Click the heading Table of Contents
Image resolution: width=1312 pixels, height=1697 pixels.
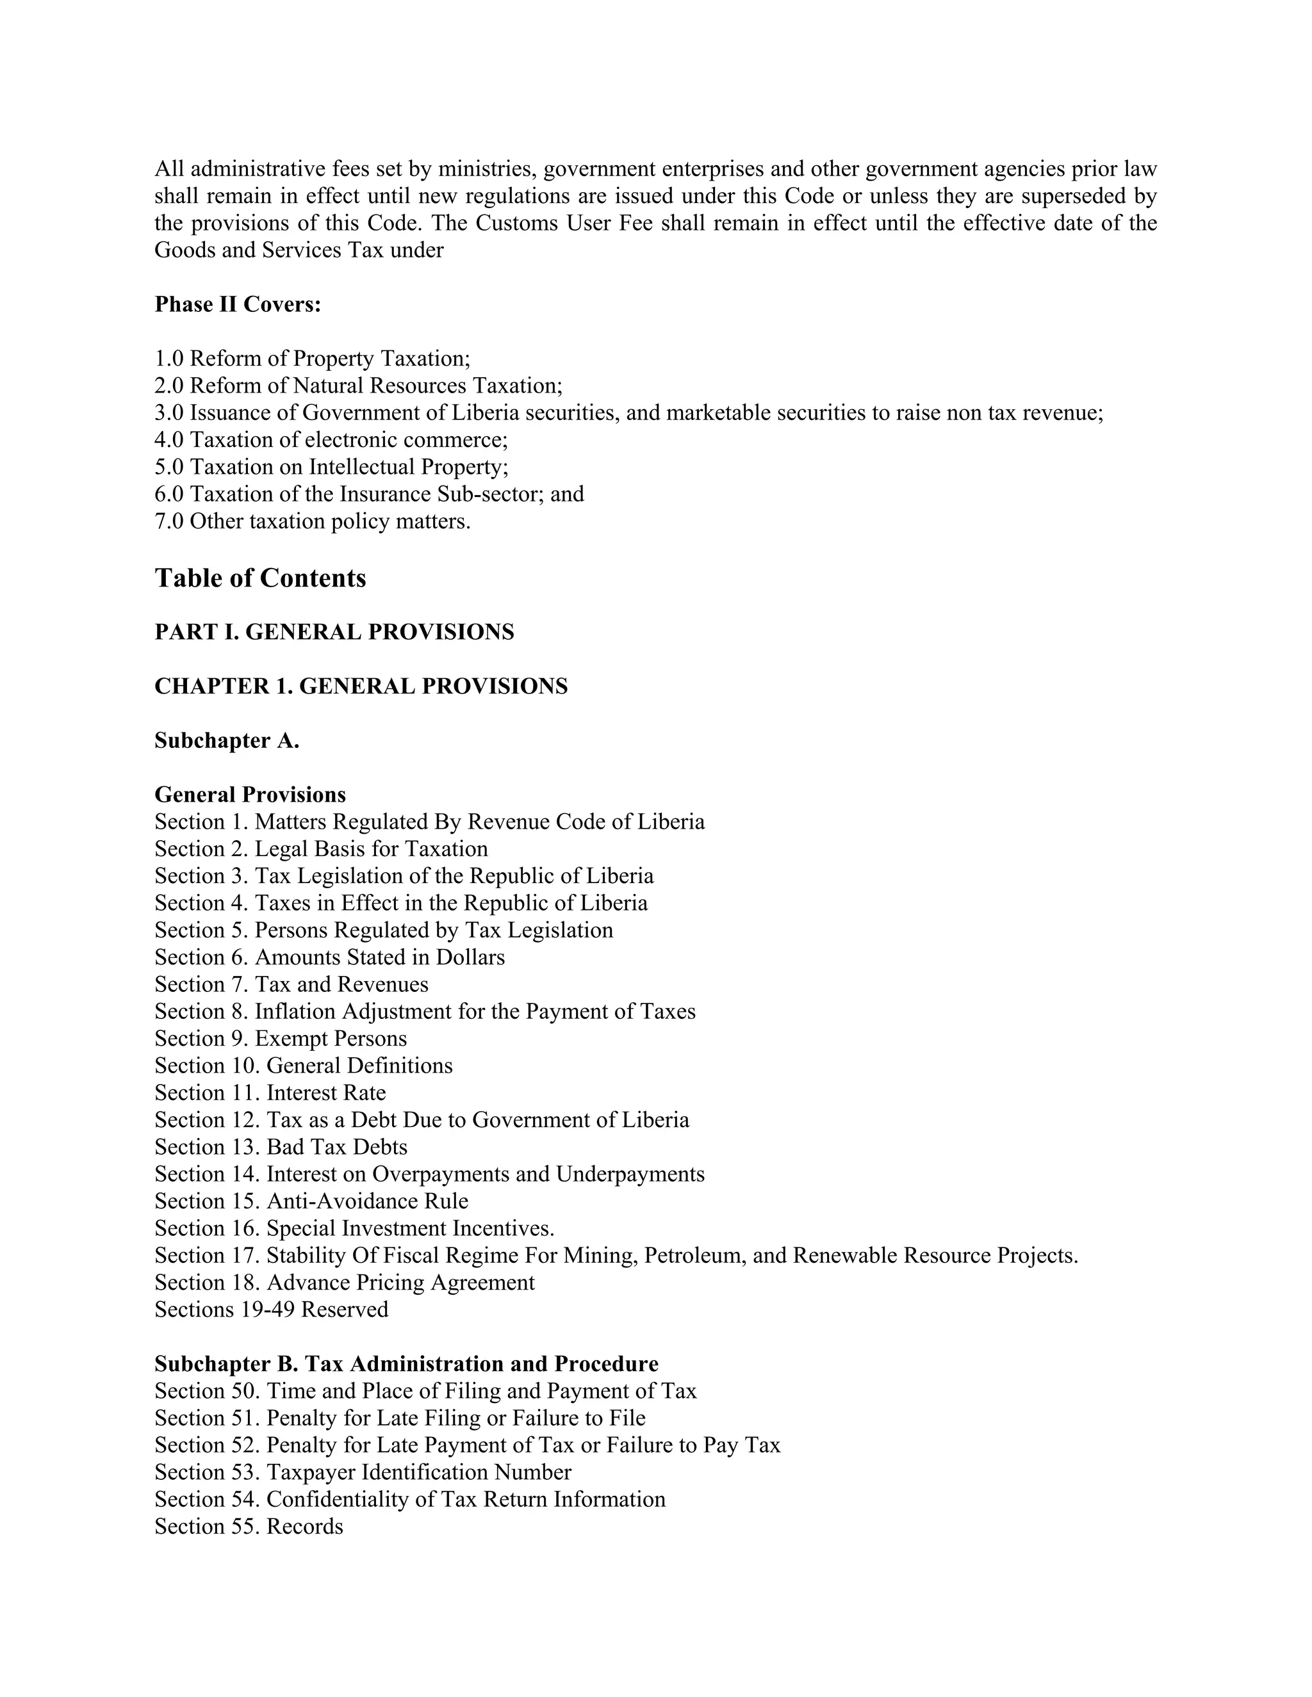259,578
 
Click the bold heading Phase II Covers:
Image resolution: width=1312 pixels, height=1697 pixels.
237,305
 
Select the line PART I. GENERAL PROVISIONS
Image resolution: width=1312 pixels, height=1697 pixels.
334,633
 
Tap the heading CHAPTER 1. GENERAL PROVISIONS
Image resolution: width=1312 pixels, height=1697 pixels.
361,687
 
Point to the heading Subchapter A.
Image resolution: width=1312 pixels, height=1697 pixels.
226,742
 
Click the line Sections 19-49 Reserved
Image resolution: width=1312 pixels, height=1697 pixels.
271,1310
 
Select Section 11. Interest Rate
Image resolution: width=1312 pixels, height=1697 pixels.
270,1093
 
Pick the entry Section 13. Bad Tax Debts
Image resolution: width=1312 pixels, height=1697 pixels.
281,1148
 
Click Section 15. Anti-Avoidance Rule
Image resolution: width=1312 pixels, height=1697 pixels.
311,1201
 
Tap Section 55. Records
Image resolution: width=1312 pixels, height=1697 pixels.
249,1527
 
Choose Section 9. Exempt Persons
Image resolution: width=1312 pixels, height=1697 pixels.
280,1039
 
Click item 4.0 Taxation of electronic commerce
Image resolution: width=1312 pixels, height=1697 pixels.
331,441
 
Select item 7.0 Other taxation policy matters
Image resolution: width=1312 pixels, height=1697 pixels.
313,521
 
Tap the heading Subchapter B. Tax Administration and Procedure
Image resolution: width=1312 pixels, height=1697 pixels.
406,1365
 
